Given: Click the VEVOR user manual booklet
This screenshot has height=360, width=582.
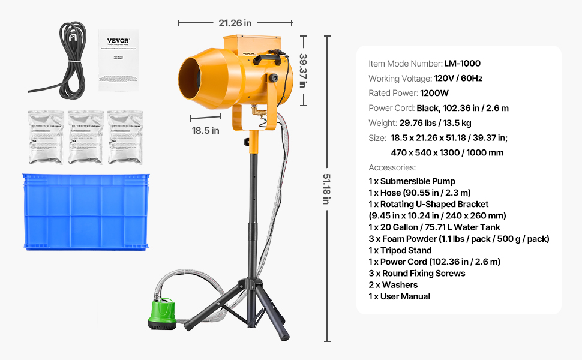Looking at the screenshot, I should coord(118,60).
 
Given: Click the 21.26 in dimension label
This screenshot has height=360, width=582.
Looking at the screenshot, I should coord(235,23).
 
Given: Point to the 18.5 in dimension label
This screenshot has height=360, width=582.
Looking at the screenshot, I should coord(205,130).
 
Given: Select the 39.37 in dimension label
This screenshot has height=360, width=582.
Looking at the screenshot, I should coord(303,70).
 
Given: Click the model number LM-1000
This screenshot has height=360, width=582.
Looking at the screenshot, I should coord(462,64).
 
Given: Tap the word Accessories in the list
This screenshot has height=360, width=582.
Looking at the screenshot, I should coord(392,167).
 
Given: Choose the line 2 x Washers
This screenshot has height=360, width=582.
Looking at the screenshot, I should coord(393,285).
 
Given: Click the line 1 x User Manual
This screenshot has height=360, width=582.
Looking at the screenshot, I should coord(399,296).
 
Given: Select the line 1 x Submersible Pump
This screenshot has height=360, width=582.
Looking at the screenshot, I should coord(412,181).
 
